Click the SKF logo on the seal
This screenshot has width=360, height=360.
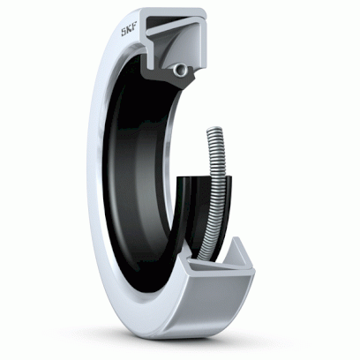[x=129, y=31]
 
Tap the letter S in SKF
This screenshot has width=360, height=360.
[x=124, y=32]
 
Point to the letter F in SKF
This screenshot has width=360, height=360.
[x=134, y=29]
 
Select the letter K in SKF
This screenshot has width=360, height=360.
[x=129, y=31]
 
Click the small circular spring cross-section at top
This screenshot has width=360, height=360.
[x=180, y=70]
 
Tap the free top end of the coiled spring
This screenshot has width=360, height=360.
[x=214, y=129]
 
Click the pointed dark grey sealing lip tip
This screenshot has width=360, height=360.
[x=191, y=77]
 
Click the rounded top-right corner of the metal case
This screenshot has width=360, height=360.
[x=204, y=11]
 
